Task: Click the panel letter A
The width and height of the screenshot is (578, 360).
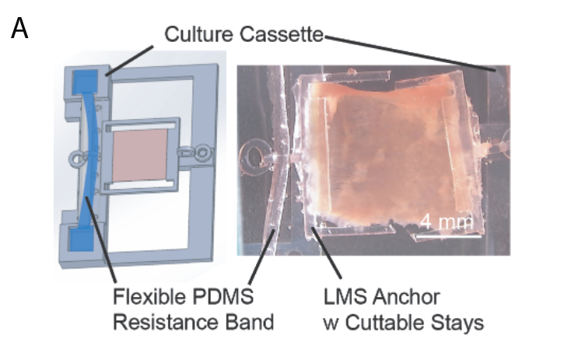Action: (x=19, y=28)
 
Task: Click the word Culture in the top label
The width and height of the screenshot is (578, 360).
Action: (x=198, y=34)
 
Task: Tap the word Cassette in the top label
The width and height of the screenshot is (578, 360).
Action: (x=282, y=34)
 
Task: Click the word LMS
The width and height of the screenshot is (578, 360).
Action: (x=345, y=296)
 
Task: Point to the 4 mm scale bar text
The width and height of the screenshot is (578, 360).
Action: (x=447, y=222)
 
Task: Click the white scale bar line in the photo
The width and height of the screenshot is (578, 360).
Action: (x=449, y=236)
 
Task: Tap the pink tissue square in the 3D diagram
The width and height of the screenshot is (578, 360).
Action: (x=140, y=156)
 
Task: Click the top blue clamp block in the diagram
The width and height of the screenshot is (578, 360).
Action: (x=85, y=82)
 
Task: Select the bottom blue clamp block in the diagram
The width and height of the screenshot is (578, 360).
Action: (x=82, y=239)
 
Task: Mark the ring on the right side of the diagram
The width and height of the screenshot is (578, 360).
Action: (x=202, y=152)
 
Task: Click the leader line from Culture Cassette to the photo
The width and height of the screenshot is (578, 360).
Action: (x=410, y=53)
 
